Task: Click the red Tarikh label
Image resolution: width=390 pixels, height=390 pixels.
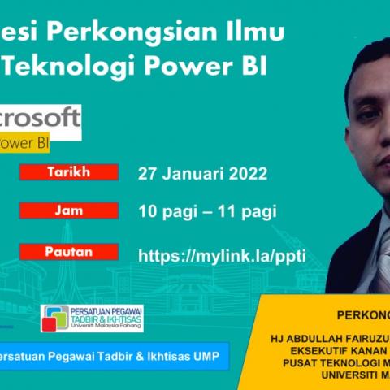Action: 68,171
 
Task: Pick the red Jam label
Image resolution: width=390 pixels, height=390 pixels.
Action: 68,210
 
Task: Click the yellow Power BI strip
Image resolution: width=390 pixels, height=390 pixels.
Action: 24,144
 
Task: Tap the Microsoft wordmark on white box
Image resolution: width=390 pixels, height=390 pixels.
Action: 41,119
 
